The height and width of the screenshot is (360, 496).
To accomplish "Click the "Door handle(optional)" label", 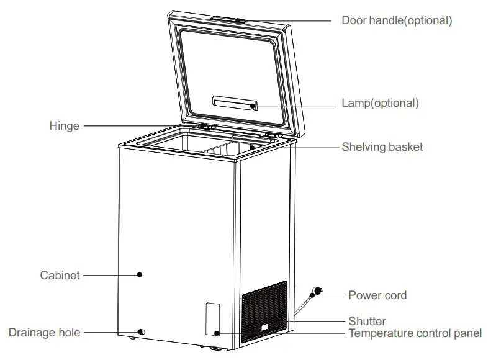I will click(x=397, y=20).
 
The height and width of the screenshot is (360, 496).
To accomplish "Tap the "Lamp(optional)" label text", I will click(x=380, y=102).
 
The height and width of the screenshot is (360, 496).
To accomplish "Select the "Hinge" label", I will click(x=65, y=126).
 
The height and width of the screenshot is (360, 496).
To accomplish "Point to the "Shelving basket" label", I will click(x=382, y=147).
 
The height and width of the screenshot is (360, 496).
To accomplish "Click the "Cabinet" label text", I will click(x=60, y=275).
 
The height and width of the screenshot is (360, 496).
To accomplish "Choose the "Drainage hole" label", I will click(x=44, y=333).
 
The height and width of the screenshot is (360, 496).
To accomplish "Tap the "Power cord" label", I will click(x=377, y=295).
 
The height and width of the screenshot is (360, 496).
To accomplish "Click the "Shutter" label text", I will click(x=367, y=322).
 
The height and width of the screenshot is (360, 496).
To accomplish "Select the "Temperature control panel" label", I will click(x=415, y=333).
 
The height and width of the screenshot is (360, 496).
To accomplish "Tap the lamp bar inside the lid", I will click(x=234, y=102).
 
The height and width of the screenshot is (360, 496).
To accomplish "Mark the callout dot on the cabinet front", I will click(x=140, y=274).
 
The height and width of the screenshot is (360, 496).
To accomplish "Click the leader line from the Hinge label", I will click(x=143, y=126).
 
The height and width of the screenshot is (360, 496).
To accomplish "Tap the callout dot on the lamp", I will click(x=253, y=106).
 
